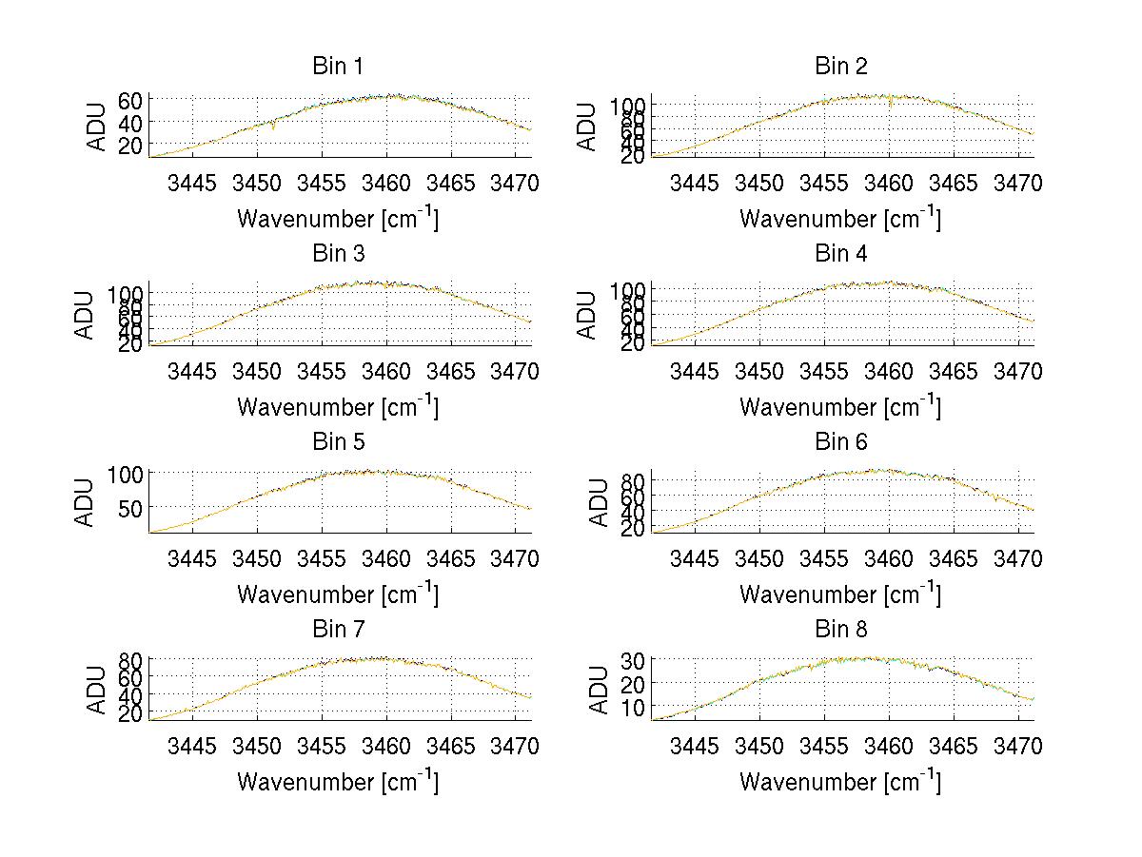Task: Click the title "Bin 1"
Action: [x=338, y=67]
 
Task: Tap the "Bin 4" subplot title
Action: [x=841, y=254]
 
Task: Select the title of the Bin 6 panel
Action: [x=841, y=441]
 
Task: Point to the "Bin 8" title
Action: [x=841, y=630]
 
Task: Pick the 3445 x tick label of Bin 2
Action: [x=695, y=183]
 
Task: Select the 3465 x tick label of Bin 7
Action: [x=451, y=746]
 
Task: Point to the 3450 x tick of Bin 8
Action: [x=759, y=746]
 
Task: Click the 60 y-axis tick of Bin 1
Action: [x=131, y=100]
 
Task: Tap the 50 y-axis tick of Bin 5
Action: [x=131, y=507]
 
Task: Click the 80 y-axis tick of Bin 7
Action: [x=131, y=659]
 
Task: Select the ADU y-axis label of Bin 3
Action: [x=85, y=315]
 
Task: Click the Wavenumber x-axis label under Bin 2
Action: [x=840, y=218]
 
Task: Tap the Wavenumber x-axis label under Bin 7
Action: [x=338, y=781]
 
